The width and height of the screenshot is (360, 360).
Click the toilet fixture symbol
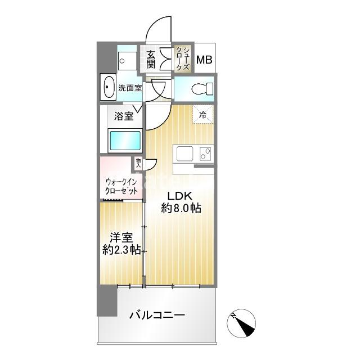[x=200, y=88]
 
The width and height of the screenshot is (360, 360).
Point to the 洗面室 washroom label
[x=129, y=88]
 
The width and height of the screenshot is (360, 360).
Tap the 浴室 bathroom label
[x=124, y=116]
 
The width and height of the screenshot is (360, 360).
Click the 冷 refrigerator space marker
[x=203, y=114]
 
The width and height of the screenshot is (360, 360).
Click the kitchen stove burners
[x=205, y=152]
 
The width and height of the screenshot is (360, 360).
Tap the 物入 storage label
[x=138, y=163]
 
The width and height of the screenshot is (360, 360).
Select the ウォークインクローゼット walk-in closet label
[x=121, y=186]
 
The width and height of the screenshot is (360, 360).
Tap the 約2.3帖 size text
[x=121, y=251]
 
